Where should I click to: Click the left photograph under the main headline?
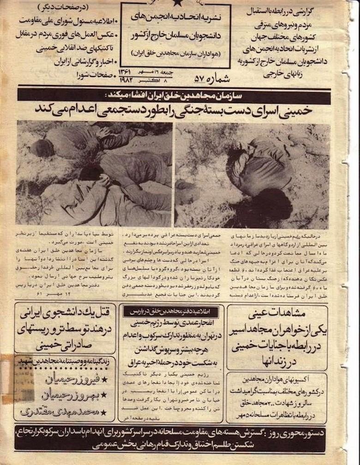click(x=94, y=173)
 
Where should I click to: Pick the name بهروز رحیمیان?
click(x=74, y=395)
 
